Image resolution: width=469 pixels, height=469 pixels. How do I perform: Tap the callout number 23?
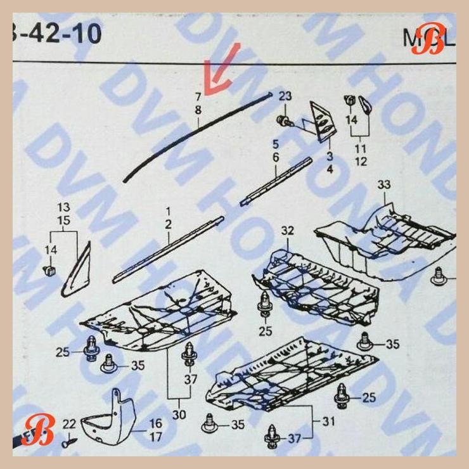286,96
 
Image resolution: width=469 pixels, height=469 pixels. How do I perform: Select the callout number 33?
384,185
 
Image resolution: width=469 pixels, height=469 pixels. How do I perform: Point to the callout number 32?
288,231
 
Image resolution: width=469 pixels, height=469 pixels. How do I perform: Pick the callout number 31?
329,421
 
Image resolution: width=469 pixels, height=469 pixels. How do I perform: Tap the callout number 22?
69,423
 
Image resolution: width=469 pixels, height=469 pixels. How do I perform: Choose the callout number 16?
156,423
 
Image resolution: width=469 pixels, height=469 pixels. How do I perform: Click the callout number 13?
64,208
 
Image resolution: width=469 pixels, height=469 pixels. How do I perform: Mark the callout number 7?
198,97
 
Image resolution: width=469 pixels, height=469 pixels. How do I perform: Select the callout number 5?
276,144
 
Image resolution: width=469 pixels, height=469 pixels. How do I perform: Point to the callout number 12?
361,162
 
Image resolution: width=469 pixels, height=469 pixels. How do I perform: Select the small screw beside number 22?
67,443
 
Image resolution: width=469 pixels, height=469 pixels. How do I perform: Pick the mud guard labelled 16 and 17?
116,419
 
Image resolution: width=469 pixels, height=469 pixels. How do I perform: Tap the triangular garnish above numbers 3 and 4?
321,119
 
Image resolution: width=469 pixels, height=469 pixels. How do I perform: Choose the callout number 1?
169,210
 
